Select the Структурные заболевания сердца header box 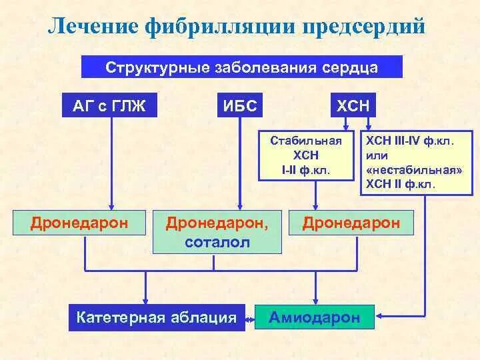click(x=242, y=67)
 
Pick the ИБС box click(x=240, y=105)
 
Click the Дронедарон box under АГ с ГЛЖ click(x=79, y=222)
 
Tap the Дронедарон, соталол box click(x=218, y=231)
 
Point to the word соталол click(x=218, y=242)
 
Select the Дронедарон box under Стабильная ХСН click(x=351, y=222)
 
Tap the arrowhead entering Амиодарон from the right click(x=379, y=313)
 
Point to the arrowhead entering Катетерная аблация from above click(x=146, y=300)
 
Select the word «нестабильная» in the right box click(x=414, y=170)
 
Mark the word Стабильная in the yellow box click(x=306, y=141)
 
